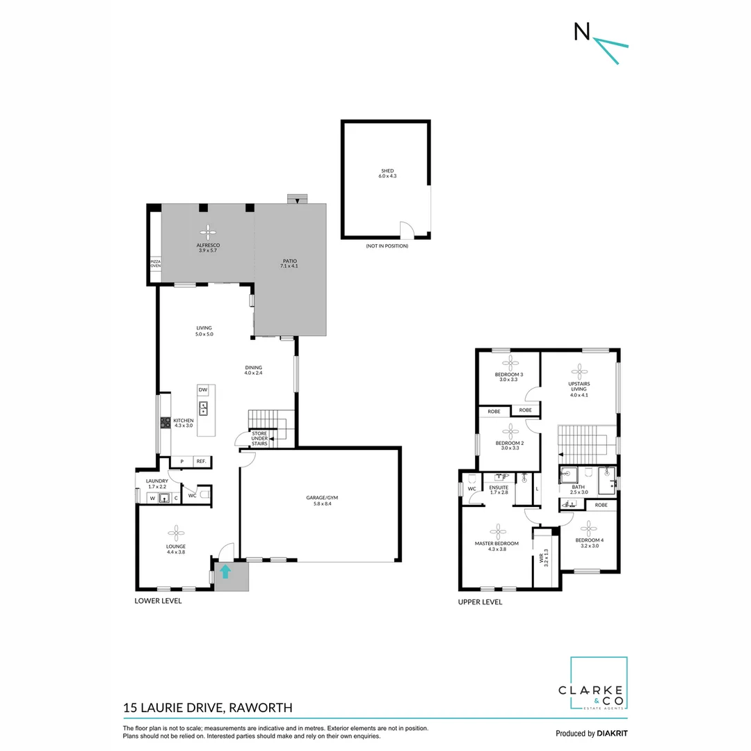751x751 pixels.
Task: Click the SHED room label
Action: click(x=387, y=173)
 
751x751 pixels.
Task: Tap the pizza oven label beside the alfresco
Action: click(x=156, y=264)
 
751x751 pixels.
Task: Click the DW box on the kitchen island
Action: click(x=203, y=390)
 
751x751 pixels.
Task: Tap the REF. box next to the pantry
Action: click(x=201, y=461)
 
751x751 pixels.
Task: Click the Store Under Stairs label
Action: click(x=259, y=438)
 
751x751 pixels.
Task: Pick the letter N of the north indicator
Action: click(x=581, y=31)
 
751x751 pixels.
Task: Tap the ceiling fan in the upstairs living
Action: click(x=579, y=370)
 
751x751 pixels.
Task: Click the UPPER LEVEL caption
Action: click(x=480, y=602)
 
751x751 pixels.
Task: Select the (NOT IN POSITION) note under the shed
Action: click(x=387, y=246)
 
